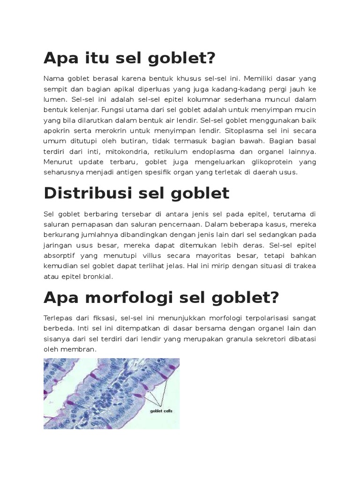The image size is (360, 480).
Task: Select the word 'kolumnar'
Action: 187,100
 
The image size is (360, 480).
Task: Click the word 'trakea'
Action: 306,266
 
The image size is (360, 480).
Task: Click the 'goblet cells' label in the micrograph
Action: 161,411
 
